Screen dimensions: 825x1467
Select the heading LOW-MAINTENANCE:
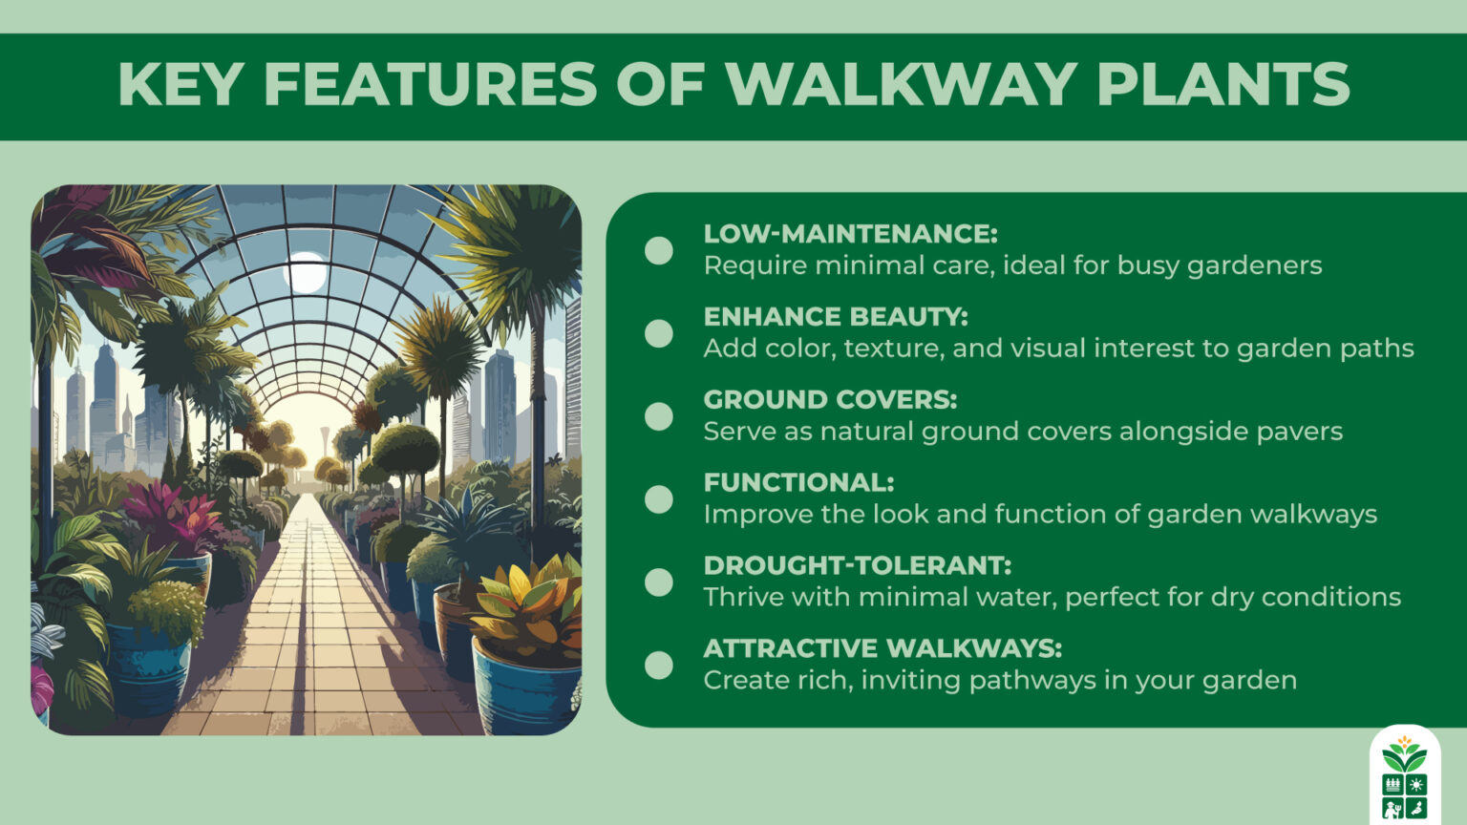click(850, 234)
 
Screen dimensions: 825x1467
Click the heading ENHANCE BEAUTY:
click(836, 317)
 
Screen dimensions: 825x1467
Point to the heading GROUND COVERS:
click(830, 399)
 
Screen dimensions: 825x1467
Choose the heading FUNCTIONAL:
click(798, 482)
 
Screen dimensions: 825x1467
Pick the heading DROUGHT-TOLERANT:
click(857, 565)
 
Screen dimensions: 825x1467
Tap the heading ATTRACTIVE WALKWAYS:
click(882, 648)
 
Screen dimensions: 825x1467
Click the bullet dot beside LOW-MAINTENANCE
click(659, 250)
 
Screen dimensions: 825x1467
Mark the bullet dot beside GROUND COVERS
click(659, 416)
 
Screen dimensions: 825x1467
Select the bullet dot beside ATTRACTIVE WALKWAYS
click(659, 665)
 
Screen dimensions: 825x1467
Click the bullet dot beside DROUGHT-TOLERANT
click(659, 582)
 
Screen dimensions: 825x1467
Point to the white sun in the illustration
click(306, 272)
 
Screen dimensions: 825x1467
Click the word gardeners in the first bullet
click(1254, 265)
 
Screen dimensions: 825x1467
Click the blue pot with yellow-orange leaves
click(525, 683)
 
